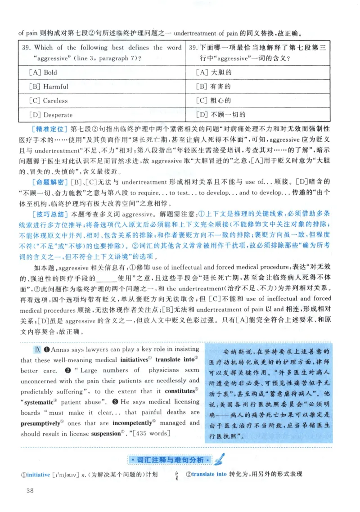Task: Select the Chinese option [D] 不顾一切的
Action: tap(221, 115)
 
